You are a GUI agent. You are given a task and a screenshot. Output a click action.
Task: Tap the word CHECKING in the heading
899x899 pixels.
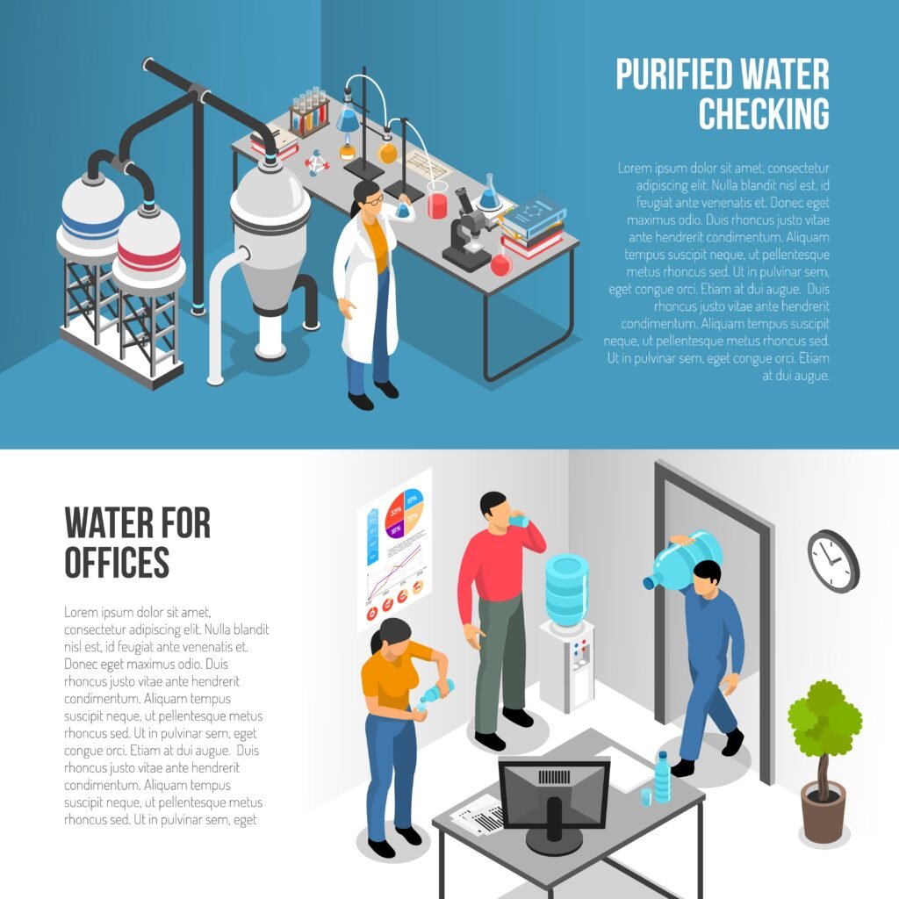(x=764, y=113)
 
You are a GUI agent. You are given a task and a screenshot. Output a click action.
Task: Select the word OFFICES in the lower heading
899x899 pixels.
(x=117, y=562)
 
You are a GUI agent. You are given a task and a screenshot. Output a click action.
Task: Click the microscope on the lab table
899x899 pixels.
(x=467, y=231)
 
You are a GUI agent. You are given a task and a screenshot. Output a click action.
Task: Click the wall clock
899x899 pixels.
(x=833, y=561)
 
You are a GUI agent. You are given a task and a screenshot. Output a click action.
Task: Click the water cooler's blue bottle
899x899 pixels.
(x=566, y=591)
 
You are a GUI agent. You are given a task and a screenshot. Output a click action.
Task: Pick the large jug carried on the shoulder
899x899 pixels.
(x=682, y=561)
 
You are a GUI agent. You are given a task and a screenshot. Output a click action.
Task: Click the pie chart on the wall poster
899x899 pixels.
(x=404, y=513)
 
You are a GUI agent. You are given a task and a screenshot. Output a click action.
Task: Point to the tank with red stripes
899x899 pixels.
(x=149, y=247)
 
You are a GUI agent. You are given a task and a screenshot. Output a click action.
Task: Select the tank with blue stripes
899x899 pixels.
(x=91, y=216)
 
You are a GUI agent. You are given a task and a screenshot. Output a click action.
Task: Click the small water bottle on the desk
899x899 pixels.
(x=662, y=778)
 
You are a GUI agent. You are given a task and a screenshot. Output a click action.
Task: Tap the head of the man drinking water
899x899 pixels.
(x=494, y=507)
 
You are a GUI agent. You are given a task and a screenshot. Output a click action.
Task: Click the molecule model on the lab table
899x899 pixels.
(x=316, y=162)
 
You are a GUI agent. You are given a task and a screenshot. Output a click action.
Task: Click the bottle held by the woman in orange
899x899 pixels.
(x=437, y=690)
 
